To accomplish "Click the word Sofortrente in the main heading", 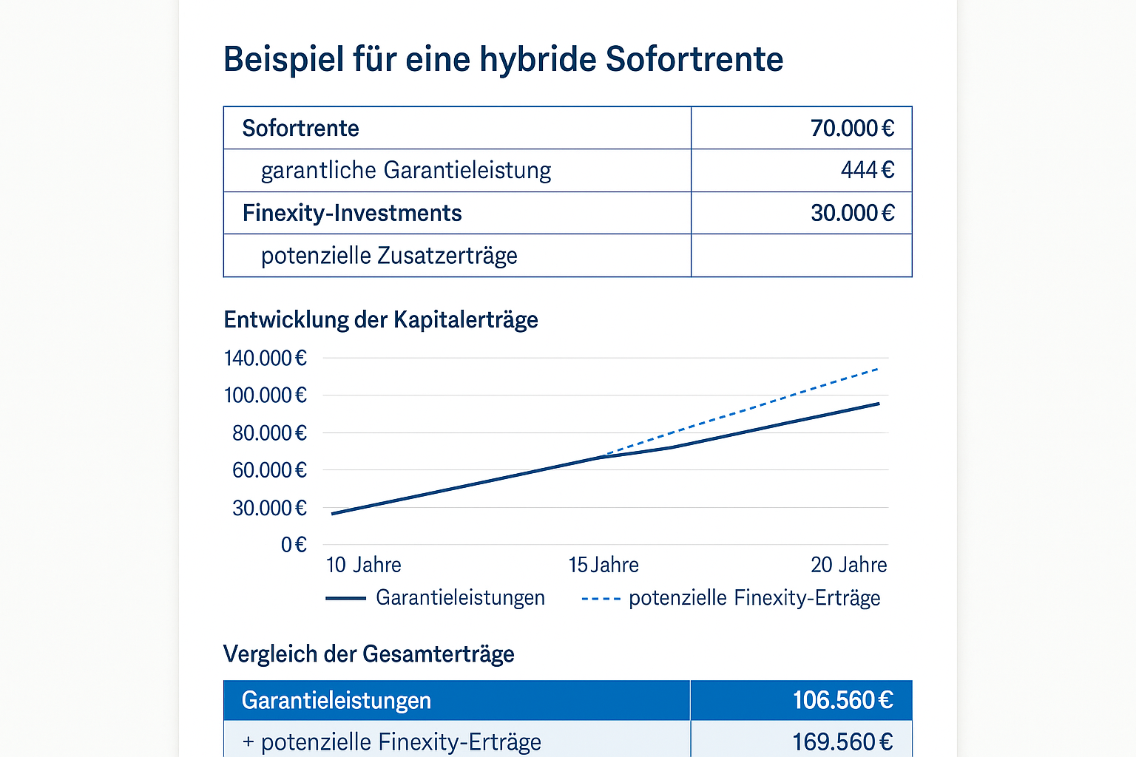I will tap(694, 59).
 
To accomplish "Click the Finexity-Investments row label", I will tap(352, 213).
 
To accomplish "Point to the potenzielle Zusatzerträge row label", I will tap(389, 256).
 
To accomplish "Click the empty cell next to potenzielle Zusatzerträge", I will tap(801, 256).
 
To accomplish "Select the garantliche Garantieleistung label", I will tap(406, 171).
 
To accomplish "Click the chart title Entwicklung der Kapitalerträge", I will tap(381, 320).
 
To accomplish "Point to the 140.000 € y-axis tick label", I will tap(265, 359).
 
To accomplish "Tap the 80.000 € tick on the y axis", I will tap(269, 433).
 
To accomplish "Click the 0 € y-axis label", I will tap(294, 545).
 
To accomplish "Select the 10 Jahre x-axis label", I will tap(363, 566).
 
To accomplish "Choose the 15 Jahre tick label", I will tap(603, 566).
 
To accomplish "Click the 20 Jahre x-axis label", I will tap(848, 566).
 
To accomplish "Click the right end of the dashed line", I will tap(878, 368).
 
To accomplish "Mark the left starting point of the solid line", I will tap(332, 514).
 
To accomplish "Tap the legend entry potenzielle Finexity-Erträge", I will tap(754, 598).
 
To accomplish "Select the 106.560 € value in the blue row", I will tap(842, 700).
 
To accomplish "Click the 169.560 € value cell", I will tap(842, 741).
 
